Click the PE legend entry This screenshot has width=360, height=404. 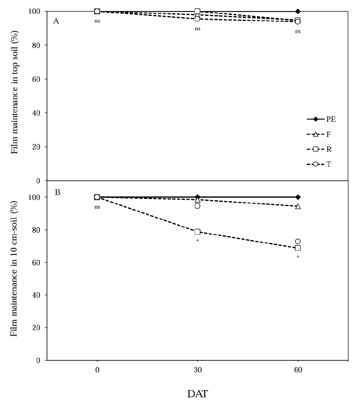[x=321, y=119]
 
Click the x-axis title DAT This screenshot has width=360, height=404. [x=197, y=394]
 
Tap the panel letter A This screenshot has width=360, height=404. [x=56, y=21]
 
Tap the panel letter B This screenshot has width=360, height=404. [x=57, y=192]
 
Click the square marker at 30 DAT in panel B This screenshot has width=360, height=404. [x=197, y=232]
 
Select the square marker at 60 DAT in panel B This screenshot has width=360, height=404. [x=298, y=248]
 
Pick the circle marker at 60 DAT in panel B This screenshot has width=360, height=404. [x=298, y=241]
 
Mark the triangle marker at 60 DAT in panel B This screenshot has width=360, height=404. [x=298, y=206]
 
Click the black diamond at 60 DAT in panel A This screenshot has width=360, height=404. [x=298, y=11]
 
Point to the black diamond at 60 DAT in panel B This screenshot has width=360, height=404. [x=298, y=197]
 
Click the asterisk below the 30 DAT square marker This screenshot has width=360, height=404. [x=198, y=241]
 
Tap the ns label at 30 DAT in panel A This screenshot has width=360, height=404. [x=197, y=29]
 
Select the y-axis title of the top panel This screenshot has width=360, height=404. [x=14, y=92]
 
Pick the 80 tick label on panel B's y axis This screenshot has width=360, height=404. [x=38, y=230]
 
